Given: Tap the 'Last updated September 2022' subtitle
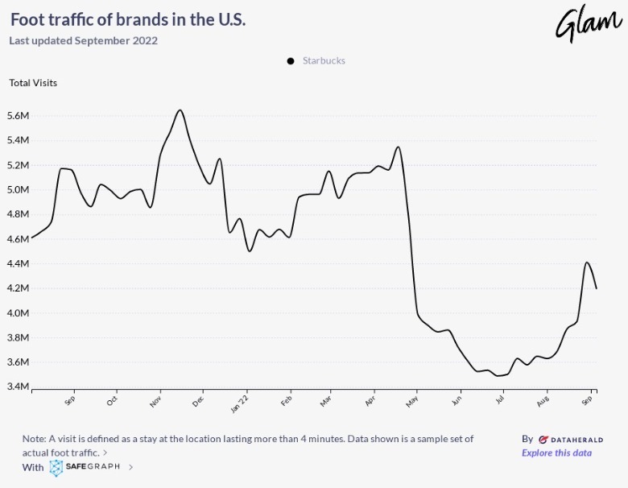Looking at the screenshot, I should (x=83, y=40).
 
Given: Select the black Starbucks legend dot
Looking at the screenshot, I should (x=291, y=61).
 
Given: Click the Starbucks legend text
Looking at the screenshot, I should (x=324, y=60).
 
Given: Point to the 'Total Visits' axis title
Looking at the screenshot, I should (x=33, y=82).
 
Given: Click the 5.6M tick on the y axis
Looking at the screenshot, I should (x=18, y=116).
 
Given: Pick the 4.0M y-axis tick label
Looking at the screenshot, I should (x=18, y=313).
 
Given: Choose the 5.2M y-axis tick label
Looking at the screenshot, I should (x=18, y=165).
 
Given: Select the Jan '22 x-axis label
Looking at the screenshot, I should (x=240, y=402).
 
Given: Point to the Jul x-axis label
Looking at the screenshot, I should (x=500, y=399).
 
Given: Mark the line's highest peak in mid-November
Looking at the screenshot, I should (x=180, y=110).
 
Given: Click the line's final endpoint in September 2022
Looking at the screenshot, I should (x=596, y=288).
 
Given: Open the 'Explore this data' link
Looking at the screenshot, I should (x=556, y=453).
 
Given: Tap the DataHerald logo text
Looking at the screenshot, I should (x=571, y=440).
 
